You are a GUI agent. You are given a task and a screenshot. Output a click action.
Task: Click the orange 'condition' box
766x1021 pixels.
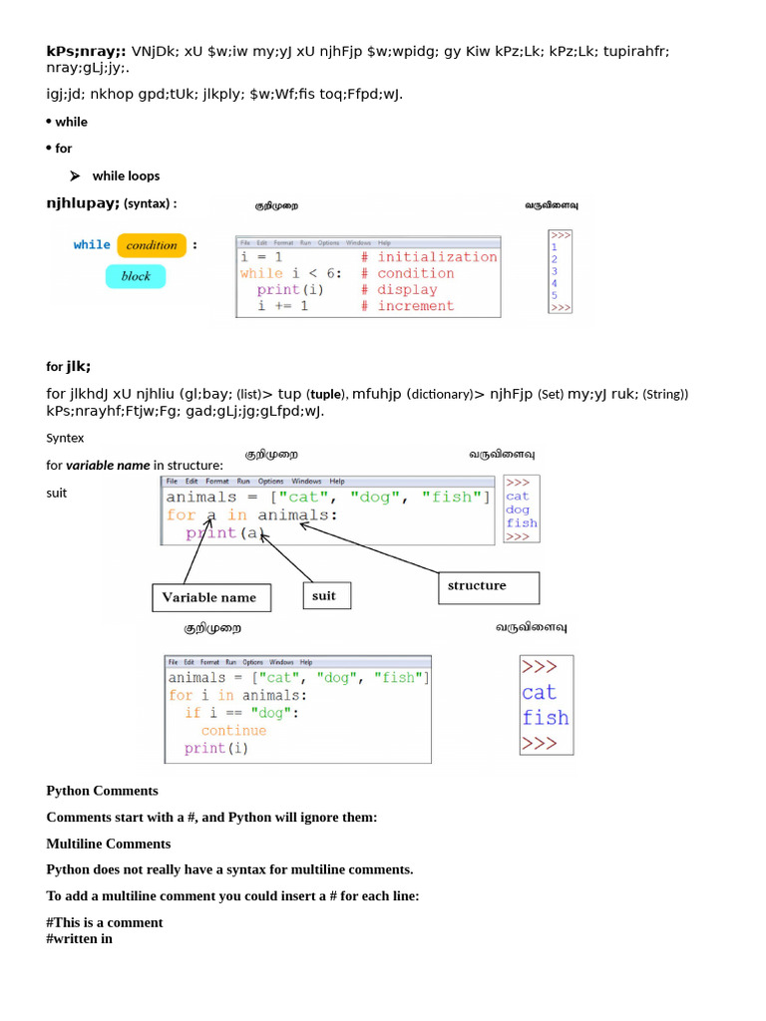point(152,245)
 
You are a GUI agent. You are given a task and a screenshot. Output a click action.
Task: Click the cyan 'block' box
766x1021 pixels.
point(136,276)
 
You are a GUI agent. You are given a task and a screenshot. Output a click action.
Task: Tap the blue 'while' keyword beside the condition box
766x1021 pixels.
point(92,244)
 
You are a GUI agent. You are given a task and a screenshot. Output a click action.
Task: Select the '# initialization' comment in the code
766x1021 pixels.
point(429,256)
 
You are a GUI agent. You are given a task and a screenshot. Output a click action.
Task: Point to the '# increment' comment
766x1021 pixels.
point(408,306)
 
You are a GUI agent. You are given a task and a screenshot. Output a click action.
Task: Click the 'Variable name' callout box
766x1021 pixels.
point(209,597)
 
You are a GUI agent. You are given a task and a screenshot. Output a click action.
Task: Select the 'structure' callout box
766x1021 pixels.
point(488,586)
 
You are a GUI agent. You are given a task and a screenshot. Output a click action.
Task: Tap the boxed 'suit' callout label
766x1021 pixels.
point(324,596)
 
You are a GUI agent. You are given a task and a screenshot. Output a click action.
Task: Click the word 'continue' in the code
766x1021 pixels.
point(233,730)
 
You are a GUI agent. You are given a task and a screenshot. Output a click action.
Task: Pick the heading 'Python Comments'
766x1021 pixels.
point(102,791)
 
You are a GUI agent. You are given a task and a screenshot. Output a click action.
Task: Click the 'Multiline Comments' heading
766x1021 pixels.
point(109,844)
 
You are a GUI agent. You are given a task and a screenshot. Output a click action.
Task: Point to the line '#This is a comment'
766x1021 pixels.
point(105,922)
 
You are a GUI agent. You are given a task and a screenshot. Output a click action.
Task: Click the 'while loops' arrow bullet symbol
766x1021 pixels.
point(74,175)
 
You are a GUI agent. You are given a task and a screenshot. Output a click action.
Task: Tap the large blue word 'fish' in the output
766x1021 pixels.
point(545,717)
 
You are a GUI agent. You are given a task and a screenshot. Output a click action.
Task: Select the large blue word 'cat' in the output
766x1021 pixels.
point(539,692)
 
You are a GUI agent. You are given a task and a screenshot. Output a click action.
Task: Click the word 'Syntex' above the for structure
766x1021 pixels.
point(65,438)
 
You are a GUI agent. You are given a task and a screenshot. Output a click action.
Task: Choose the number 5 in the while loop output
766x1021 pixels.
point(555,295)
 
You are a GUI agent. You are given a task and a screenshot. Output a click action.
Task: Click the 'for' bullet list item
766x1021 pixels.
point(64,149)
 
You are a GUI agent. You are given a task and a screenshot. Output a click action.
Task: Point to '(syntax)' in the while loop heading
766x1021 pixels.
point(150,204)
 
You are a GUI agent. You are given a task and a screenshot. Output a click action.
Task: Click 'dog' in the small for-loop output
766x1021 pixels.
point(518,510)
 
